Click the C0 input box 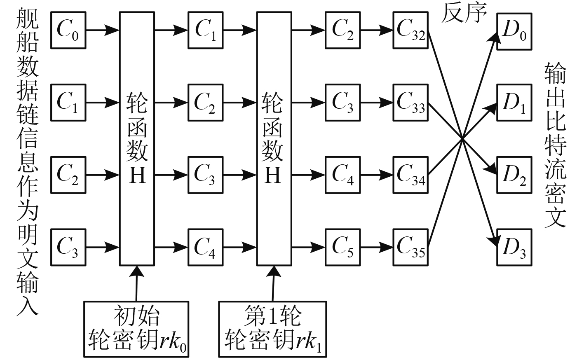pyautogui.click(x=68, y=30)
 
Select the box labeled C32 pyautogui.click(x=410, y=30)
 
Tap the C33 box pyautogui.click(x=410, y=102)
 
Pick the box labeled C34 pyautogui.click(x=410, y=175)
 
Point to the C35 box pyautogui.click(x=410, y=247)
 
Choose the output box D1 pyautogui.click(x=514, y=103)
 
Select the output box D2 pyautogui.click(x=514, y=175)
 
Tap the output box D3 pyautogui.click(x=514, y=247)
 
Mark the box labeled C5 pyautogui.click(x=342, y=247)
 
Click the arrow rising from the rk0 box pyautogui.click(x=136, y=283)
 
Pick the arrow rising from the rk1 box pyautogui.click(x=272, y=283)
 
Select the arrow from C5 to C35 pyautogui.click(x=377, y=247)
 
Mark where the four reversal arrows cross pyautogui.click(x=462, y=139)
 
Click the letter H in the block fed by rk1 pyautogui.click(x=272, y=176)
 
